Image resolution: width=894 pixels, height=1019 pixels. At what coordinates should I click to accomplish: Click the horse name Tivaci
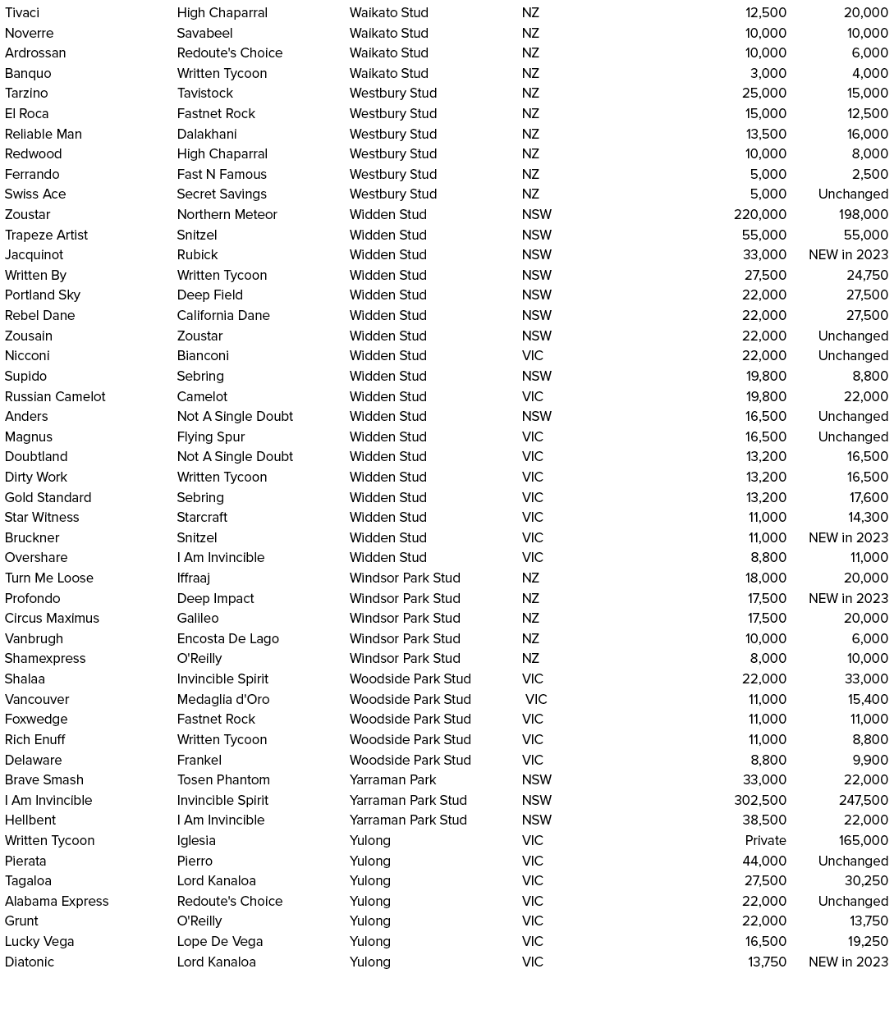point(22,13)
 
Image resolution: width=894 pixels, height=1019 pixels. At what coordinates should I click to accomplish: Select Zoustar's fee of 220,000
point(759,214)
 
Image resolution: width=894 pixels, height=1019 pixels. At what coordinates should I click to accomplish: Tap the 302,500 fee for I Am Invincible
point(759,800)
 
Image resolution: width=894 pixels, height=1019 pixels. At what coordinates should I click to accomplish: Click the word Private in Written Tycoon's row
point(765,840)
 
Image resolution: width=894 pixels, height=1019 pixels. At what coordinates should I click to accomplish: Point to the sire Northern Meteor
point(227,214)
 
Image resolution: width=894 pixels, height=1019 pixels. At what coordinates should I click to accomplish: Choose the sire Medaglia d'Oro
point(222,699)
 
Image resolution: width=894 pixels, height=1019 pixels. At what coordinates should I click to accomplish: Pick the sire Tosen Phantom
point(223,779)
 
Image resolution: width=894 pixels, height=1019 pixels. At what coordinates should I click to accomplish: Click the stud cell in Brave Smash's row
point(392,779)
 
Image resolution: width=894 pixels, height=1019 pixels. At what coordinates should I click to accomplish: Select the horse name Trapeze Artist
point(46,235)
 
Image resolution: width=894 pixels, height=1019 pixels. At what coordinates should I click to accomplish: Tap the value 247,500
point(863,800)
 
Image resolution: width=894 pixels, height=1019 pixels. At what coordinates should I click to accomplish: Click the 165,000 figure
point(863,840)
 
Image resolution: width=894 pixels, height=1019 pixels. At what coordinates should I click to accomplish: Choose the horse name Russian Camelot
point(55,396)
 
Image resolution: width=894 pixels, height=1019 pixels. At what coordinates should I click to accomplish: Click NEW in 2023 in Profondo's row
point(848,598)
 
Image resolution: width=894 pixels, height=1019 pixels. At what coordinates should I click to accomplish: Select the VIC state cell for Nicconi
point(532,355)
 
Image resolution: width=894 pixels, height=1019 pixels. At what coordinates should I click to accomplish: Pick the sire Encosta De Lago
point(227,638)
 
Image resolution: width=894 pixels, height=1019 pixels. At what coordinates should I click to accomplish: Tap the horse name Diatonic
point(30,962)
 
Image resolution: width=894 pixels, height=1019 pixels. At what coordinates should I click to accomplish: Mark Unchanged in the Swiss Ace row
point(853,194)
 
